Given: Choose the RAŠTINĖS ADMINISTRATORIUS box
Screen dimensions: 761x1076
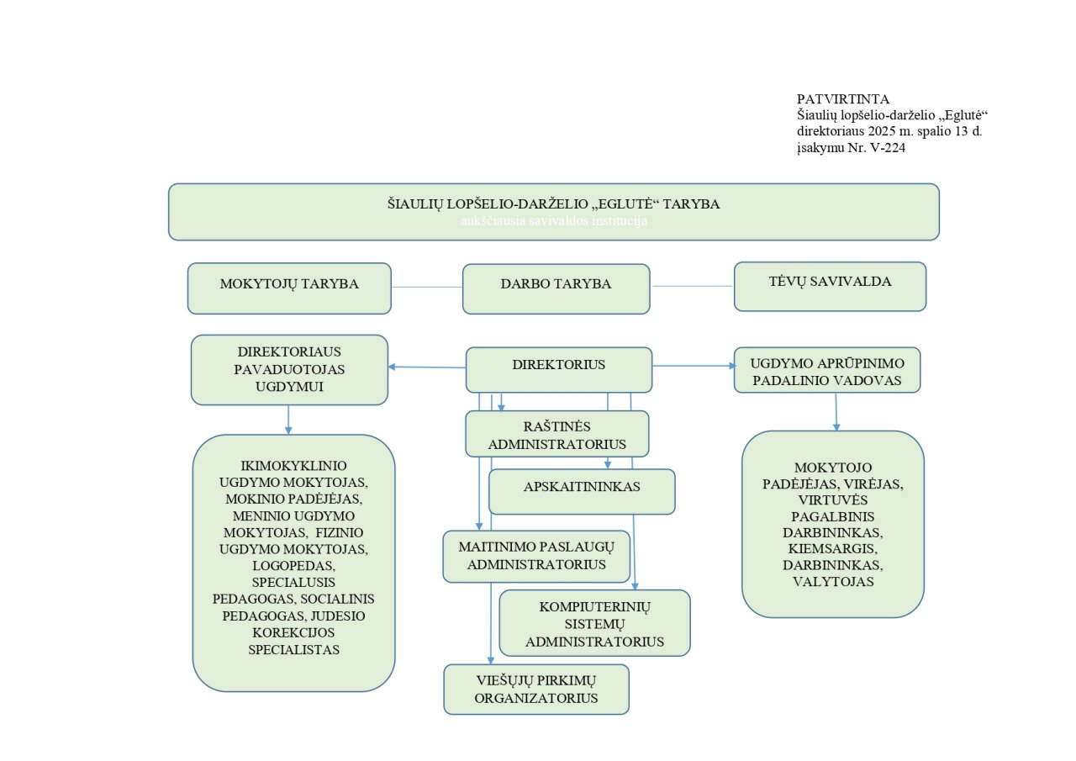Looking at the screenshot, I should (x=557, y=433).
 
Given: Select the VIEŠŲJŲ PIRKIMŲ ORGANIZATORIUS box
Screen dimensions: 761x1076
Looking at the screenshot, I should (x=536, y=690).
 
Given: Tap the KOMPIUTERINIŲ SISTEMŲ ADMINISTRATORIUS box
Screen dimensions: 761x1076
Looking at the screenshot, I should (x=594, y=623).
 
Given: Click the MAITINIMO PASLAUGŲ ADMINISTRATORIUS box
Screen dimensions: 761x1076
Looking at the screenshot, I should (x=536, y=556).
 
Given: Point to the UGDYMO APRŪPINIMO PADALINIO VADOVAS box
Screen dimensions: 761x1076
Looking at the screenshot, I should (x=827, y=370).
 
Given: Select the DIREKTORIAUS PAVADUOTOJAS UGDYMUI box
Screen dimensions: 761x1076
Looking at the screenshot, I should (x=289, y=369).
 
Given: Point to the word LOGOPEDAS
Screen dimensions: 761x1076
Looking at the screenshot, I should (x=293, y=565).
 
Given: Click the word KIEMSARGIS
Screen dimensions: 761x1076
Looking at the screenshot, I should (x=832, y=548).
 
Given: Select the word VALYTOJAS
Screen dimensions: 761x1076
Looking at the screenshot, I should (x=832, y=581).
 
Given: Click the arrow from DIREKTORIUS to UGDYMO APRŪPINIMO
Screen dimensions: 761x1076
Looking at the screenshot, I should (x=694, y=366).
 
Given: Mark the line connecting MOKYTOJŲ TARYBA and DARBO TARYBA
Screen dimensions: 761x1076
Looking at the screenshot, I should (x=427, y=287).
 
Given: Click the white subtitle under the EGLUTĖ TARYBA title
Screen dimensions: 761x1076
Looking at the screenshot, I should (x=553, y=220).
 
